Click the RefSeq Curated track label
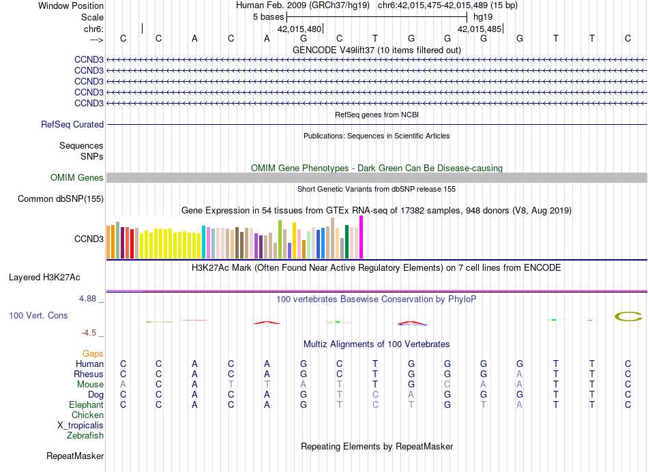click(72, 125)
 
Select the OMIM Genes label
click(77, 178)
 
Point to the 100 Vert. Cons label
click(38, 316)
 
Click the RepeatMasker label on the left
click(75, 456)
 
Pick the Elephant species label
click(87, 405)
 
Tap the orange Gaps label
click(93, 353)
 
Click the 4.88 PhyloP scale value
click(90, 299)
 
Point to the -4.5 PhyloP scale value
click(90, 333)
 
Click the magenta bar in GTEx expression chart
click(362, 237)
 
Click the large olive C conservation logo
click(628, 316)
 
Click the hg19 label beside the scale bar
click(482, 16)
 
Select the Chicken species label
click(88, 415)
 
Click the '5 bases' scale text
click(268, 16)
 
